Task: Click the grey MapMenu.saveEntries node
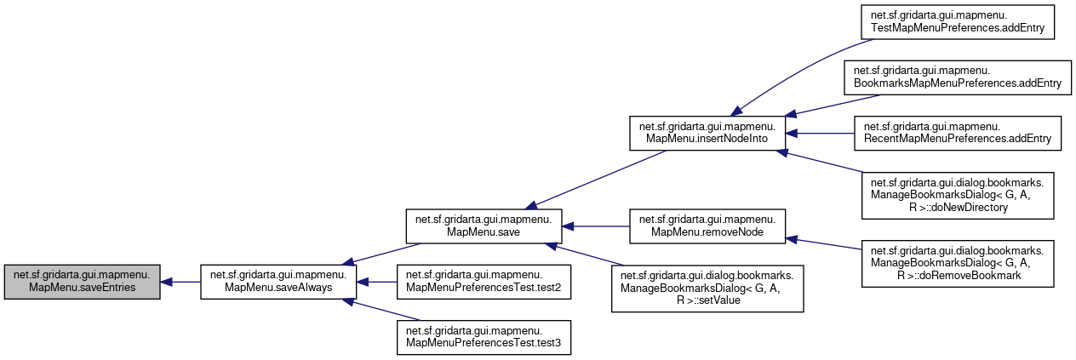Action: coord(81,281)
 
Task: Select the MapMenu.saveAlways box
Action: coord(278,281)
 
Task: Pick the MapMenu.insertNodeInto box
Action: coord(707,132)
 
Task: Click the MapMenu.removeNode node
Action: coord(707,227)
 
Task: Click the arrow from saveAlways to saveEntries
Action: coord(180,281)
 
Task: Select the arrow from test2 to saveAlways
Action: coord(377,281)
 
